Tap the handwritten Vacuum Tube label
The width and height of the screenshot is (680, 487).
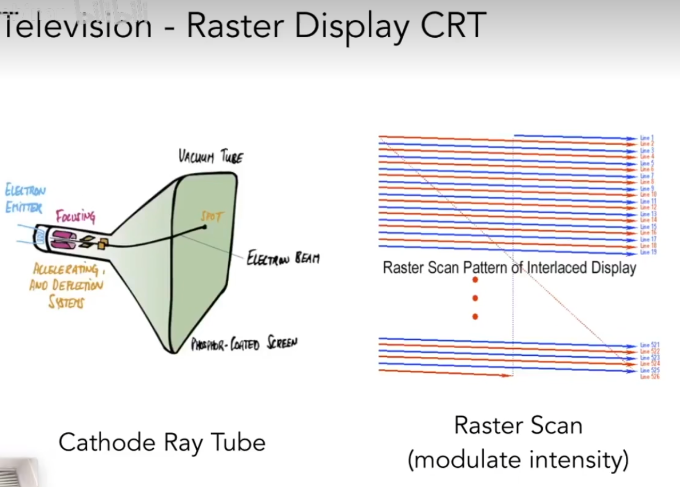pos(211,157)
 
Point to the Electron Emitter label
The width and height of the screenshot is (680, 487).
pos(24,198)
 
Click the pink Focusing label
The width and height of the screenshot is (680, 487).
pos(76,216)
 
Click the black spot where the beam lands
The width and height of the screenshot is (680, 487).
pos(204,228)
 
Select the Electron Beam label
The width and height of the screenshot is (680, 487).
pos(283,258)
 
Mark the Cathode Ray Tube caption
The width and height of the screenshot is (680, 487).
pos(162,442)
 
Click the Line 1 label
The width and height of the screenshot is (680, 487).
pos(646,138)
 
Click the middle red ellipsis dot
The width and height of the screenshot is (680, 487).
pos(475,298)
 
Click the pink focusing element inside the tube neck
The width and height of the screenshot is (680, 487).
pos(62,239)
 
